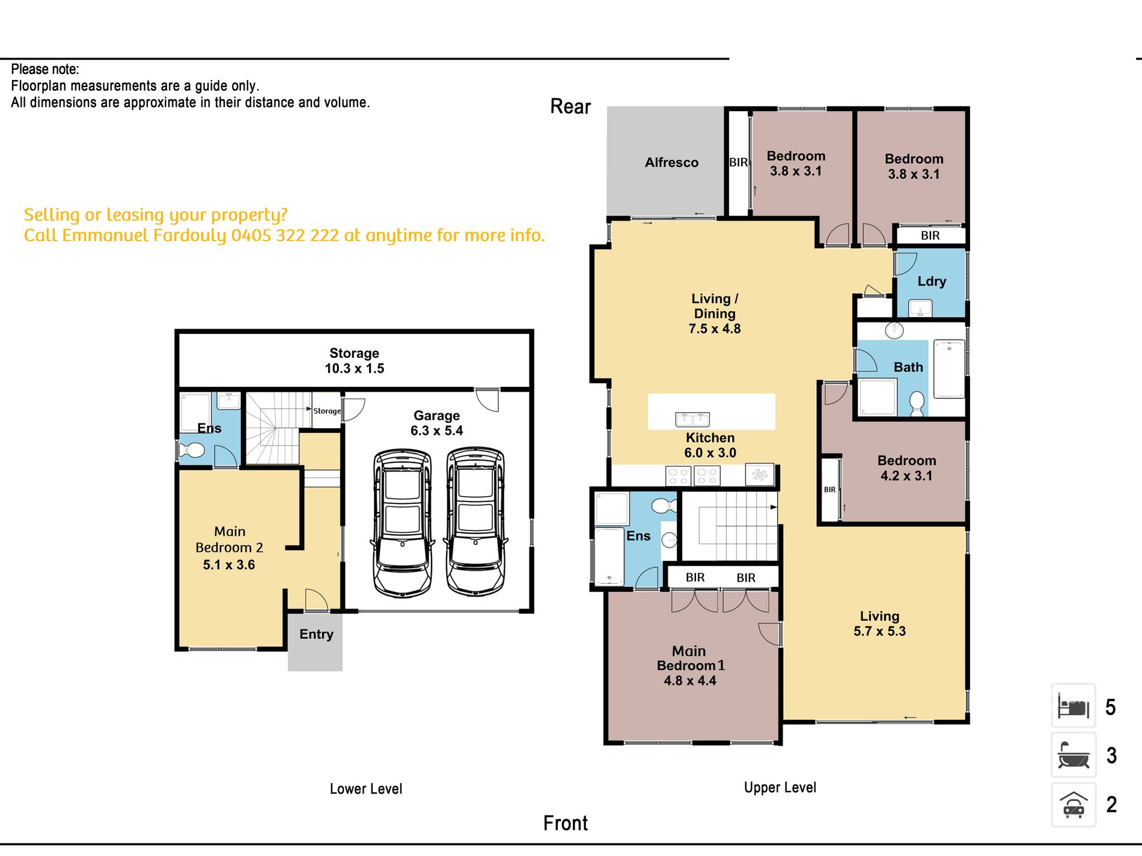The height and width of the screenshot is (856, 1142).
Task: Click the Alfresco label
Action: point(671,162)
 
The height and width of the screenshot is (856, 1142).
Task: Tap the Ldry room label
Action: point(932,281)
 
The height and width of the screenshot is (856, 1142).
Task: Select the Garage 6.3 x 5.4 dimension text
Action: point(437,431)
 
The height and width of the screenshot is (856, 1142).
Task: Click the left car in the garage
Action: point(402,523)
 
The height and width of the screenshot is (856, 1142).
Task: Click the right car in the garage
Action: point(475,521)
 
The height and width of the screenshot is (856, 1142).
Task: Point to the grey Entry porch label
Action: point(316,634)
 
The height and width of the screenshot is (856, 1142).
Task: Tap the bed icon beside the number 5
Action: point(1073,706)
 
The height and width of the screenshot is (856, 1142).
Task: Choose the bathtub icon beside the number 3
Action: point(1073,755)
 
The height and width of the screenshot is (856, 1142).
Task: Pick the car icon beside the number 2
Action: point(1073,805)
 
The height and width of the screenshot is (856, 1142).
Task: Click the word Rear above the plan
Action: point(570,106)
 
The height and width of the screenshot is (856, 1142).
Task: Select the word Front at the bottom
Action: point(566,823)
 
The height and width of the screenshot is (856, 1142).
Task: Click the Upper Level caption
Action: point(780,788)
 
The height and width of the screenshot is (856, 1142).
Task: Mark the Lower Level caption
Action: point(366,789)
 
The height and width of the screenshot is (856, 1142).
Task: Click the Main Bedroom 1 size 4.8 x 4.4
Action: point(690,681)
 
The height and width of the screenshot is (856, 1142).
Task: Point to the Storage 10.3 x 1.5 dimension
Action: point(355,368)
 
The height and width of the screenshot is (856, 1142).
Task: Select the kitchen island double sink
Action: point(692,419)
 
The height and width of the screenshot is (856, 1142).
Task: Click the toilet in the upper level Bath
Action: point(917,404)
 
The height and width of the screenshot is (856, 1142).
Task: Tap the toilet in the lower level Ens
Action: point(192,450)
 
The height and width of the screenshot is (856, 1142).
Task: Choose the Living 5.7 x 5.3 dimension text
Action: point(880,631)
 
